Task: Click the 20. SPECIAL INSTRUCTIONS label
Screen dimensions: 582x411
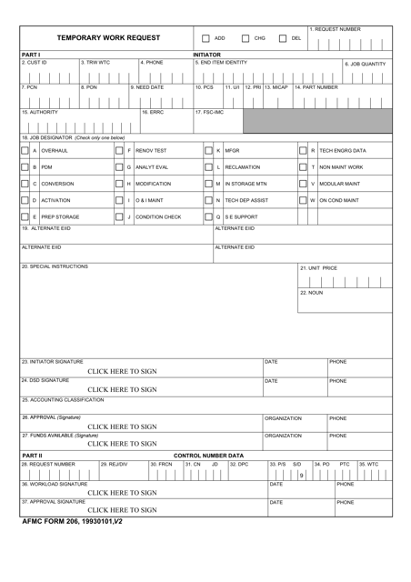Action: click(x=55, y=267)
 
